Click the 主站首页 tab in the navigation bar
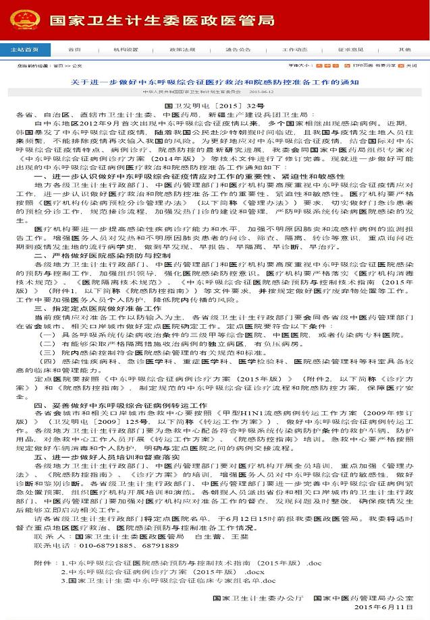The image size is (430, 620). coord(24,50)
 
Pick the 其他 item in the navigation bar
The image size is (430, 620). coord(404,50)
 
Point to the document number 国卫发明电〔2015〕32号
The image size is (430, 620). coord(215,107)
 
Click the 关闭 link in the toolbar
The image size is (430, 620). coord(411,66)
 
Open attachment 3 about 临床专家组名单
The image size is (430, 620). coord(168,580)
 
